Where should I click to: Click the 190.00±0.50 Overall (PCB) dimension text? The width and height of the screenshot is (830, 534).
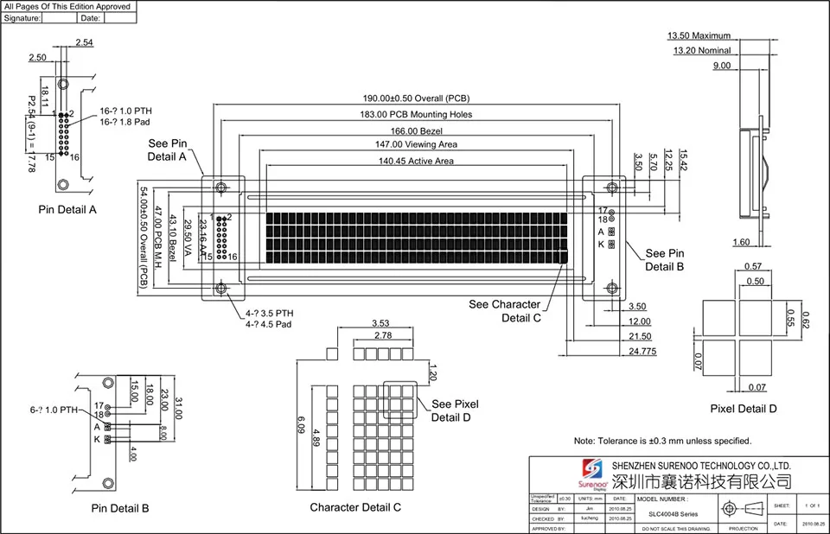click(x=417, y=99)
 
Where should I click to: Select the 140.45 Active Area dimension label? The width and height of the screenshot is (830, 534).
click(x=416, y=161)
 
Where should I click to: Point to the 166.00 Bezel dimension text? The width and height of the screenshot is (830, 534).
click(x=417, y=130)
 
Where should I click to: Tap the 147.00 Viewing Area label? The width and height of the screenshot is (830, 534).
click(x=417, y=144)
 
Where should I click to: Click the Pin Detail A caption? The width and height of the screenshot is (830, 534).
click(x=67, y=210)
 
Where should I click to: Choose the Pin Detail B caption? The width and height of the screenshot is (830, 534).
click(x=120, y=509)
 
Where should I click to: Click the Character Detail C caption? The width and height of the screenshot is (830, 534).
click(x=355, y=508)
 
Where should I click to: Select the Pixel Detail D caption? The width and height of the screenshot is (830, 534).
click(x=744, y=409)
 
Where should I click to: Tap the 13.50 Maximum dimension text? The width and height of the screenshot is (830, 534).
click(x=699, y=36)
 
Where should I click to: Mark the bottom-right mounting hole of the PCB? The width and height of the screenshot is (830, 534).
click(x=612, y=288)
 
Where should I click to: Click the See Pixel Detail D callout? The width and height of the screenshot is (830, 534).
click(x=455, y=410)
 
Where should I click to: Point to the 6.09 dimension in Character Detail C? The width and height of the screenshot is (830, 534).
click(x=301, y=424)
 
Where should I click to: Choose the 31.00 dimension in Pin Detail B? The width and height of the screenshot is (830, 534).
click(x=179, y=409)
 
